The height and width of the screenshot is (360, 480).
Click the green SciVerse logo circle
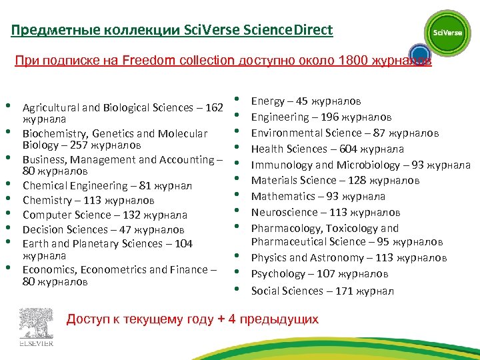[x=447, y=33]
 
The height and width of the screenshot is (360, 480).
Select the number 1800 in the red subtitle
[x=353, y=61]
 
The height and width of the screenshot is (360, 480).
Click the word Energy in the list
[x=267, y=101]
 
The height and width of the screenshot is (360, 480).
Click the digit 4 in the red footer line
[x=231, y=319]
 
